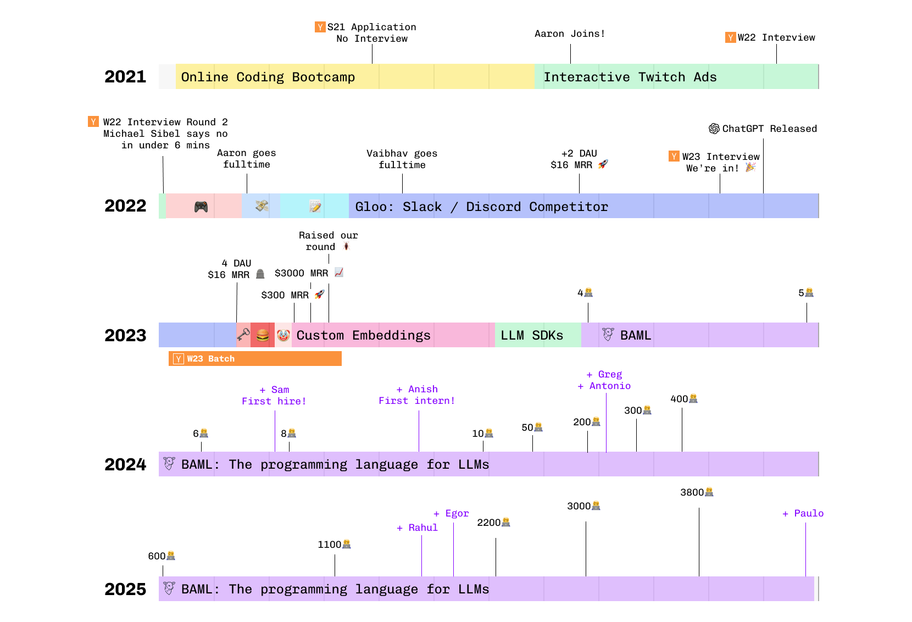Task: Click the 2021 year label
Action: click(x=125, y=76)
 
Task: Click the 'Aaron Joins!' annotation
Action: click(x=570, y=34)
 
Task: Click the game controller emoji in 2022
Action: click(x=201, y=207)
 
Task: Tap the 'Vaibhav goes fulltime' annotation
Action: click(x=402, y=159)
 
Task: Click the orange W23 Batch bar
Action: click(x=255, y=359)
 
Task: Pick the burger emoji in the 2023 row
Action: click(x=263, y=335)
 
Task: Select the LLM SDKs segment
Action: click(x=532, y=335)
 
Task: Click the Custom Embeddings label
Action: click(x=363, y=335)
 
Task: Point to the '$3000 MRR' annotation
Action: click(x=302, y=273)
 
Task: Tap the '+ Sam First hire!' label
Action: click(x=274, y=395)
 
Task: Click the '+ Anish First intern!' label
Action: click(x=417, y=395)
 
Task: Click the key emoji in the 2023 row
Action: click(x=243, y=335)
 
